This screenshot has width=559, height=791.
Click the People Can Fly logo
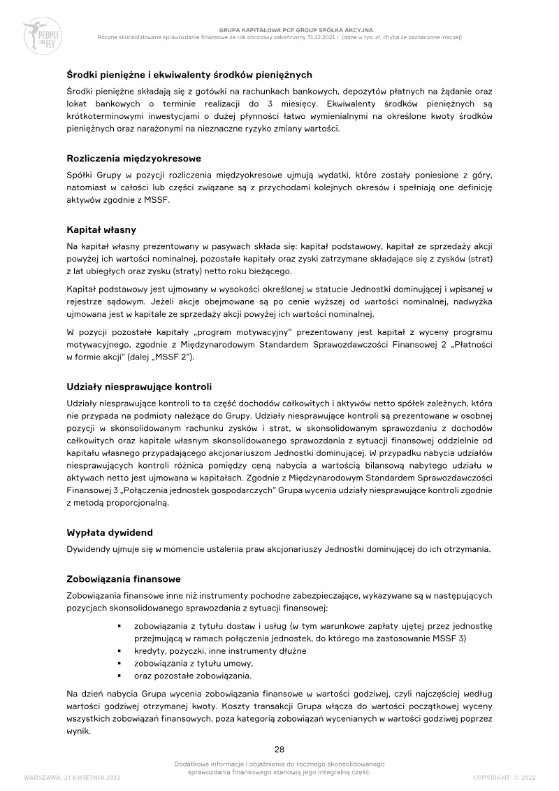tap(43, 34)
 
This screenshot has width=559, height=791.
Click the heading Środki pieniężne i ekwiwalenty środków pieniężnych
tap(189, 75)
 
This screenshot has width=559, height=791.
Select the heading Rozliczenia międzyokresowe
tap(133, 158)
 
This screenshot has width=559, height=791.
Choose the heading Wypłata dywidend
tap(109, 532)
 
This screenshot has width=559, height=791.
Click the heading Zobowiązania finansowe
tap(124, 579)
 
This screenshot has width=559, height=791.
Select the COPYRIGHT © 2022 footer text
tap(503, 777)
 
